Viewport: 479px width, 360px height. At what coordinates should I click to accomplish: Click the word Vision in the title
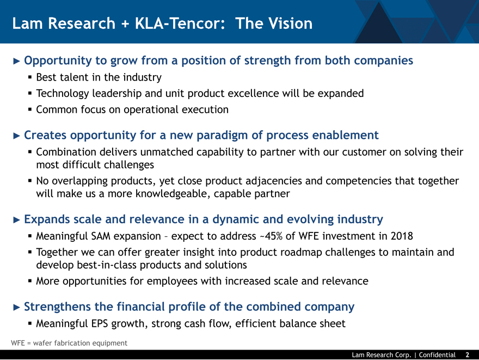click(288, 23)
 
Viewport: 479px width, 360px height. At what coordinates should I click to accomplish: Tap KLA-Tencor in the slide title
click(180, 23)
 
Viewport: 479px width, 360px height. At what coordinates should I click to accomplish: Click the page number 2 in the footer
click(468, 355)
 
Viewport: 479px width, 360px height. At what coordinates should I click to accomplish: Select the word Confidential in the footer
click(437, 355)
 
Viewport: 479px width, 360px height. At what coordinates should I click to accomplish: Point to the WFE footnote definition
click(69, 343)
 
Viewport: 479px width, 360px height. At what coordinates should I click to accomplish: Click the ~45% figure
click(271, 236)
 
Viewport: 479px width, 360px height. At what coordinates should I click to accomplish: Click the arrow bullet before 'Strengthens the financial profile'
click(16, 307)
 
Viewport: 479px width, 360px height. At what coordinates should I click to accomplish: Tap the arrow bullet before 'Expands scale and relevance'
click(16, 219)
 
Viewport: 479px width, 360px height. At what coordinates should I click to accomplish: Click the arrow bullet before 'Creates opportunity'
click(16, 136)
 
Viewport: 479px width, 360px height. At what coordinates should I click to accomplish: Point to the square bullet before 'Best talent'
click(30, 77)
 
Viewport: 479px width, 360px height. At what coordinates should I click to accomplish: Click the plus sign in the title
click(125, 24)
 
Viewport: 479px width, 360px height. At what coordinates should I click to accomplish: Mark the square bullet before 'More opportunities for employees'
click(30, 280)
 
